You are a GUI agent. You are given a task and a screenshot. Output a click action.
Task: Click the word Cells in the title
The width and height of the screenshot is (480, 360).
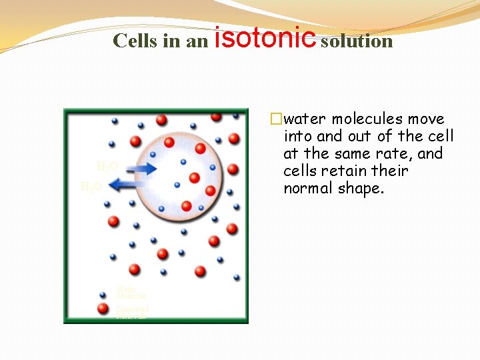(x=135, y=41)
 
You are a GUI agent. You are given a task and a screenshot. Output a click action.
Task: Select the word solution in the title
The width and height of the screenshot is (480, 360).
(x=357, y=41)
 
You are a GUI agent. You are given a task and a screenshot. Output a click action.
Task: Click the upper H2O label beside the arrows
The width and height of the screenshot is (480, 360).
(x=107, y=166)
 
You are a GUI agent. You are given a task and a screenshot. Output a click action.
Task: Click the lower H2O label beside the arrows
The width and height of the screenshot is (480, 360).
(x=91, y=187)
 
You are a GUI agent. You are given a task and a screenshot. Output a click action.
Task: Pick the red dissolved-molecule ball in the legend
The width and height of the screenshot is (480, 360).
(x=103, y=309)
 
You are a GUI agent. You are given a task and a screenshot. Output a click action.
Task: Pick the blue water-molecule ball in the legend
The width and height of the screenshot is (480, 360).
(x=103, y=293)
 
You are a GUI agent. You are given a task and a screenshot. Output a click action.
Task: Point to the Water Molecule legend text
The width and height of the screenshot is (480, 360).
(x=131, y=292)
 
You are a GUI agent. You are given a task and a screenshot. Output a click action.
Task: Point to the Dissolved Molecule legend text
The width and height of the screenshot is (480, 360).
(x=132, y=311)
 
